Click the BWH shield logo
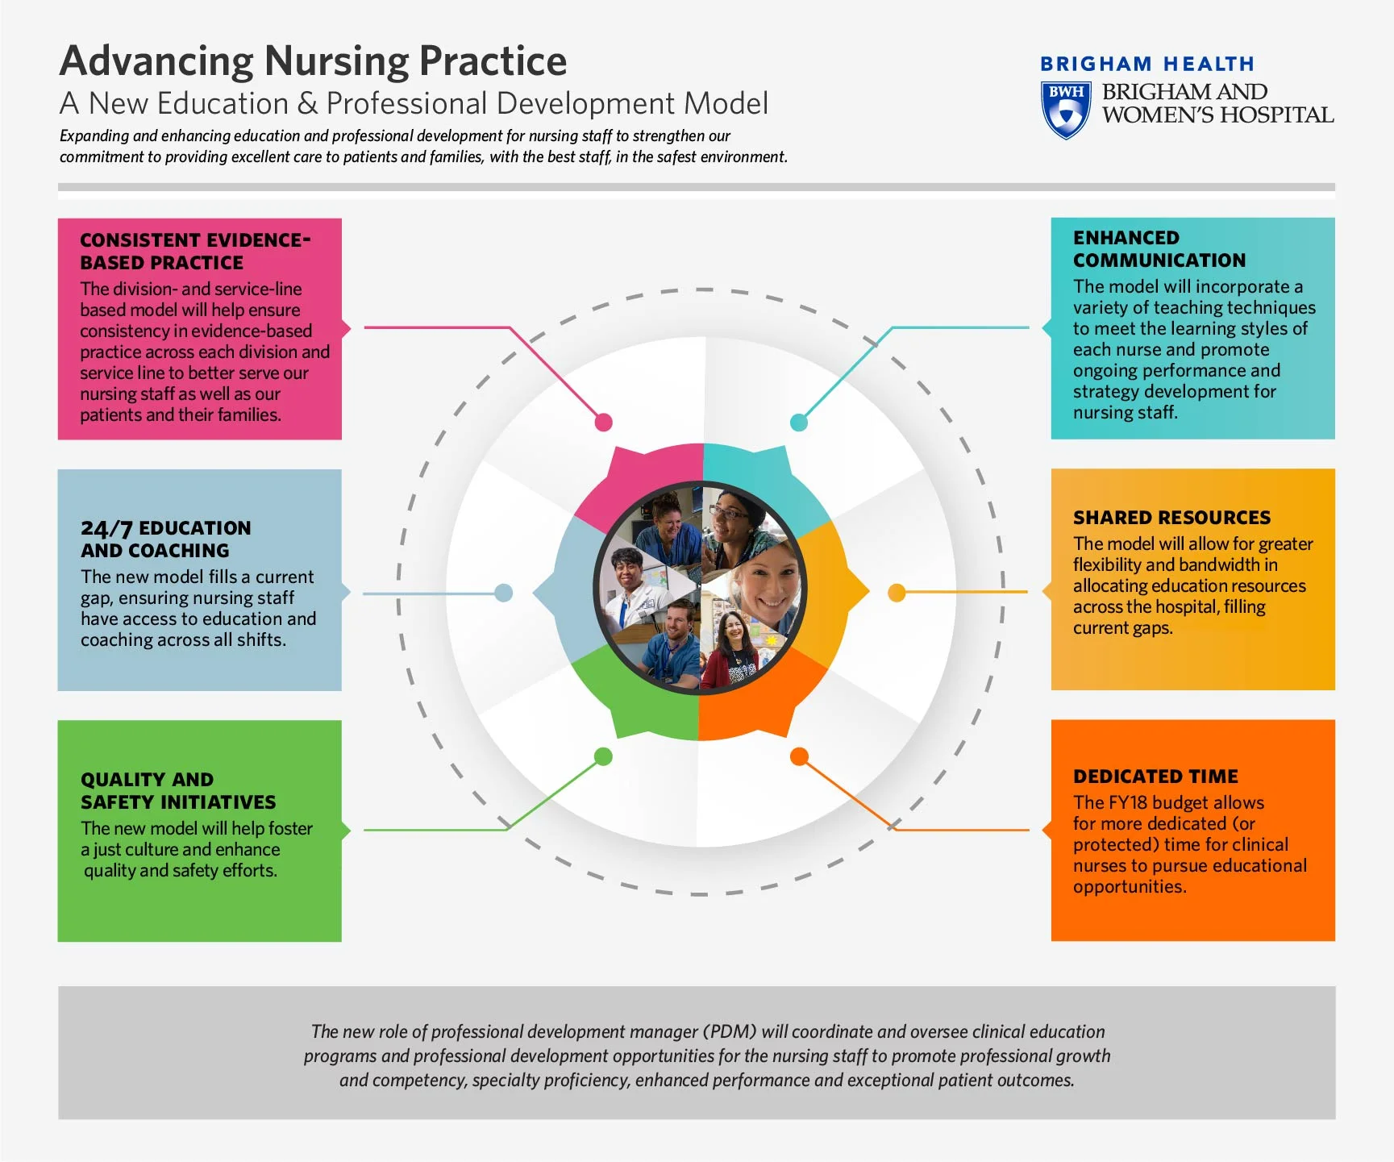(1066, 110)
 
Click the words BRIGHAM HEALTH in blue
(1146, 64)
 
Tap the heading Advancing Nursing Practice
(313, 61)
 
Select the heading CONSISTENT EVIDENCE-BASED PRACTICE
(194, 251)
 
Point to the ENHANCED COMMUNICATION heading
(1159, 249)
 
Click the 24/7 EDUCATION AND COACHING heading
(165, 539)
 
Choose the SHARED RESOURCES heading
(1171, 518)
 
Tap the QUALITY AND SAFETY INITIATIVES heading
(177, 791)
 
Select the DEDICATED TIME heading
(1155, 777)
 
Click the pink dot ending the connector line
(603, 422)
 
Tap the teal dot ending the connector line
(799, 422)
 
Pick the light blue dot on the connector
(504, 593)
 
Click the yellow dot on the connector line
(897, 593)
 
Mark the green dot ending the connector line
(603, 756)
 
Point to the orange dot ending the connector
(799, 756)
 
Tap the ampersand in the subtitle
(307, 104)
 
